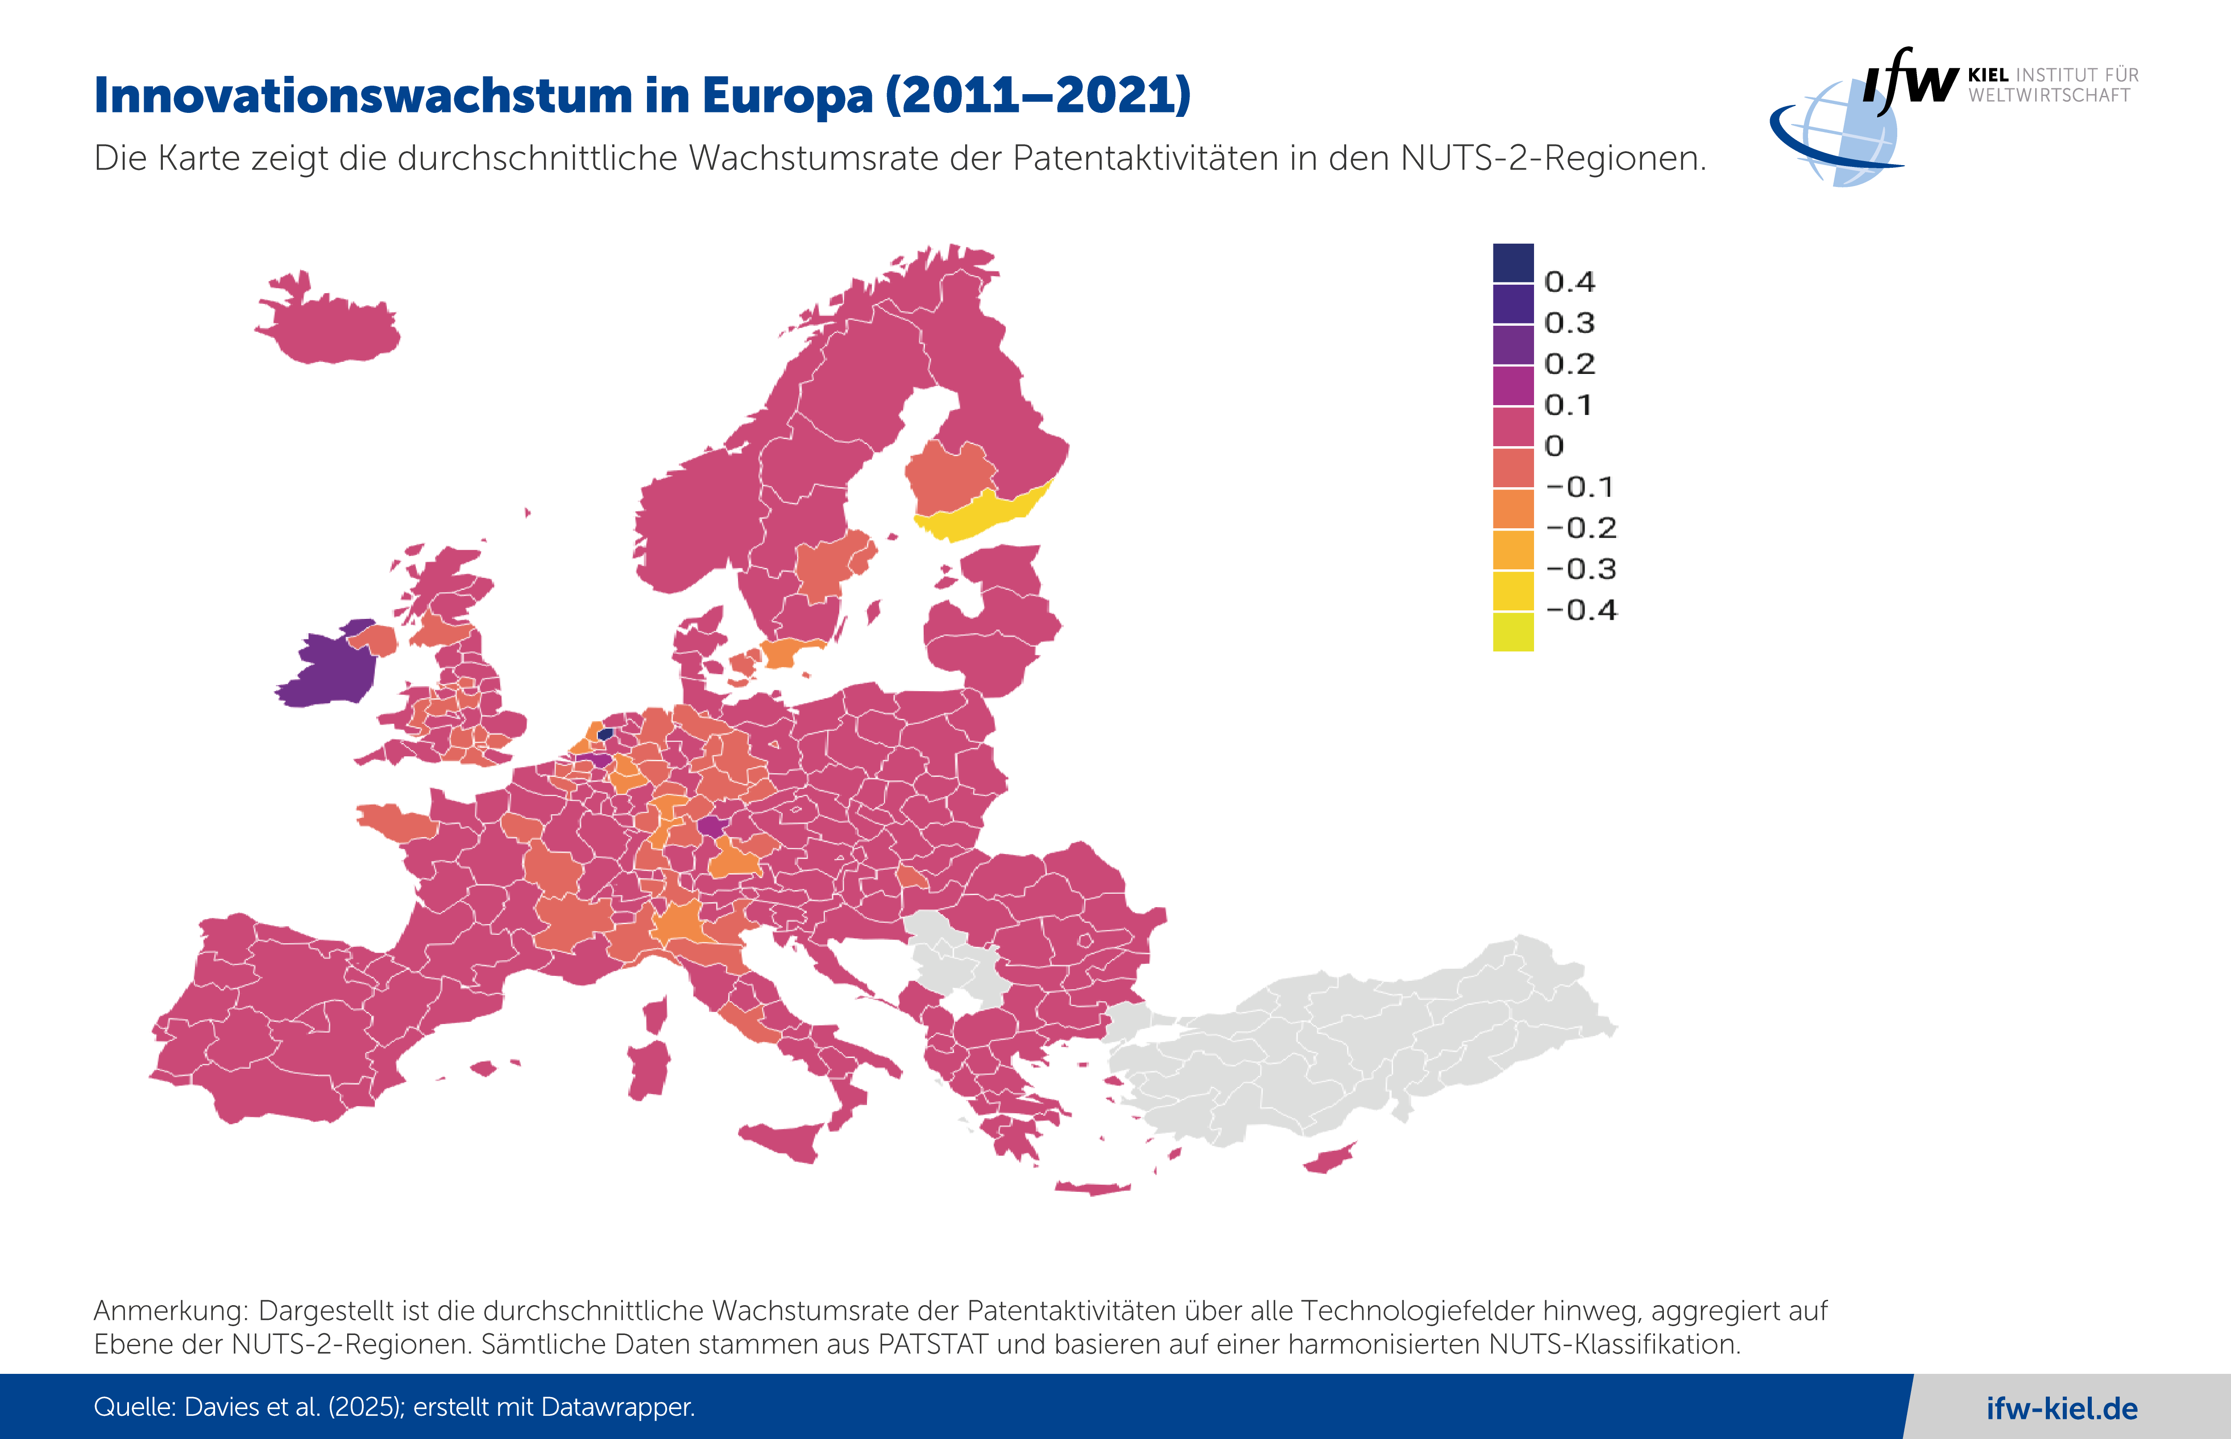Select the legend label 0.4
(x=1570, y=281)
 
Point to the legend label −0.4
(x=1581, y=610)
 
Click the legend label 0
(x=1554, y=446)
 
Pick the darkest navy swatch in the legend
(x=1513, y=262)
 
